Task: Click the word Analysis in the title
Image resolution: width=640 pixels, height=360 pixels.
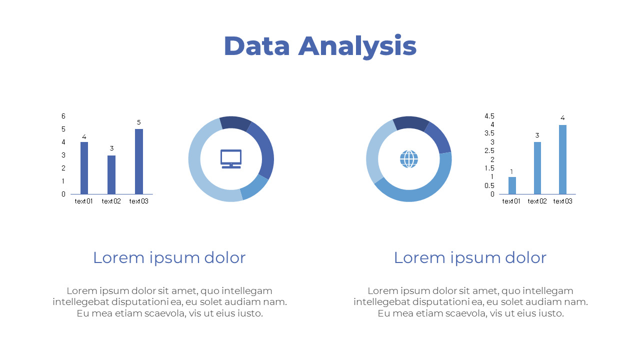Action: pyautogui.click(x=357, y=46)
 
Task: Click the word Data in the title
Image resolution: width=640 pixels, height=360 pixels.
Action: pyautogui.click(x=256, y=46)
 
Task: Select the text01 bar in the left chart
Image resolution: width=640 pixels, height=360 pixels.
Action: pyautogui.click(x=84, y=168)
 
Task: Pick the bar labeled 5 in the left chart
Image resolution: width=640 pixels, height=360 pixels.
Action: pyautogui.click(x=139, y=161)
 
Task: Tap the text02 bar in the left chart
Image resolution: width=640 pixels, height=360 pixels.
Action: pyautogui.click(x=111, y=174)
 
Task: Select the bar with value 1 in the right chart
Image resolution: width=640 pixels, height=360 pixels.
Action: pyautogui.click(x=512, y=185)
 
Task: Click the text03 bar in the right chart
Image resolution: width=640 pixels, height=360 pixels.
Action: pyautogui.click(x=562, y=159)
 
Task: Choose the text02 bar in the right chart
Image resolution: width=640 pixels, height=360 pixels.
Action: pyautogui.click(x=537, y=168)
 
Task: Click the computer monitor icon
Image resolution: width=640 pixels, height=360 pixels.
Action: pyautogui.click(x=231, y=158)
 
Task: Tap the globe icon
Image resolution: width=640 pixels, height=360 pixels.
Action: pyautogui.click(x=409, y=159)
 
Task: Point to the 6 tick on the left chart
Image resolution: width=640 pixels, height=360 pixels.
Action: pyautogui.click(x=63, y=116)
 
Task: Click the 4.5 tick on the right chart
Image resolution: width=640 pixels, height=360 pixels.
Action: pyautogui.click(x=489, y=116)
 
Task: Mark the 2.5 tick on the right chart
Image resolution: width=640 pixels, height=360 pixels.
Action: pyautogui.click(x=489, y=150)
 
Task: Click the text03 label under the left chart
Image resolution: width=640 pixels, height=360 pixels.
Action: pyautogui.click(x=139, y=201)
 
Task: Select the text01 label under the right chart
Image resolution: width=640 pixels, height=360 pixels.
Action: pyautogui.click(x=511, y=201)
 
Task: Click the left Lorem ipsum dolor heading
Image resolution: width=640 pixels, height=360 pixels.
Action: pyautogui.click(x=169, y=257)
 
